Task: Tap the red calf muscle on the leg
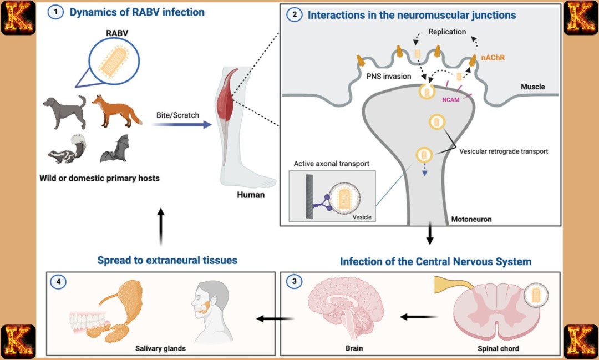(x=225, y=100)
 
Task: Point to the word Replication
(x=447, y=32)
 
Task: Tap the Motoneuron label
(x=471, y=219)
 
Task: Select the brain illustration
(x=344, y=311)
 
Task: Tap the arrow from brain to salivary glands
(x=275, y=318)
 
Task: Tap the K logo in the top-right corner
(x=581, y=17)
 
